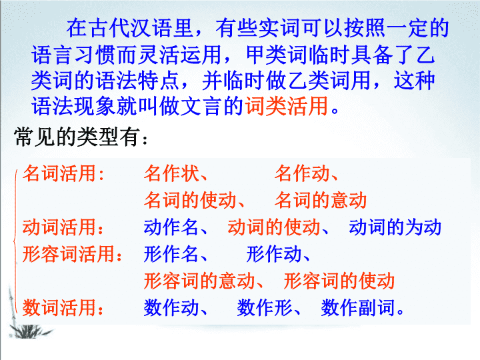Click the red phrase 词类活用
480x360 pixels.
pos(287,106)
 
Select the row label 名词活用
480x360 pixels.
pos(60,173)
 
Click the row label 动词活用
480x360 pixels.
pos(60,227)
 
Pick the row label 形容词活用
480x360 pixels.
pos(69,254)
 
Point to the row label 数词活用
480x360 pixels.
pos(60,307)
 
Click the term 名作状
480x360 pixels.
pos(172,173)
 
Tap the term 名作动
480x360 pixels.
pos(302,173)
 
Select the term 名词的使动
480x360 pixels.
pos(190,200)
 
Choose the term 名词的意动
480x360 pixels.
pos(321,200)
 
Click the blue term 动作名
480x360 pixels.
pos(171,227)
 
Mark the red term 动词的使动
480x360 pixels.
pos(274,227)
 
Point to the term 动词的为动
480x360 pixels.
pos(395,227)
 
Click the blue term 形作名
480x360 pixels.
pos(171,254)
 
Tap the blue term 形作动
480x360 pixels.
pos(274,254)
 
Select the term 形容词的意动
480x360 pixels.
pos(199,281)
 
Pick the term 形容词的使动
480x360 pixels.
pos(339,281)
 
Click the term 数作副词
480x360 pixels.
pos(358,307)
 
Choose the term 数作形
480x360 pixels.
pos(265,307)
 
